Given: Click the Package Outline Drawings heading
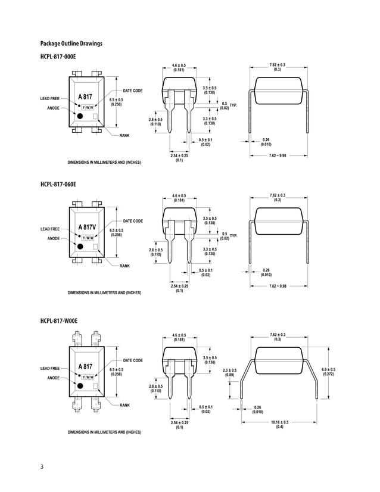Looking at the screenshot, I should click(71, 43).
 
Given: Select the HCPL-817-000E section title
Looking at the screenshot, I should click(58, 57).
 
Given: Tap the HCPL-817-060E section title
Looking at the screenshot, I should click(58, 185).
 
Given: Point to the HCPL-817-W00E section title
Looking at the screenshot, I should click(58, 321).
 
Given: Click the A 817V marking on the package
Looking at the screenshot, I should click(87, 227).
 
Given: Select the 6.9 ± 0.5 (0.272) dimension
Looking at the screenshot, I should click(328, 372).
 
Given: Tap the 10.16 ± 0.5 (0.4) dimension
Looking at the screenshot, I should click(279, 424).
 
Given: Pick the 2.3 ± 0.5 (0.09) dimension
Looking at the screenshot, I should click(230, 373).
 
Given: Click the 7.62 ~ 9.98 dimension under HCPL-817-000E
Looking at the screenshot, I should click(278, 155).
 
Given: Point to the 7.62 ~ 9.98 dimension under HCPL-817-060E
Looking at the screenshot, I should click(278, 286).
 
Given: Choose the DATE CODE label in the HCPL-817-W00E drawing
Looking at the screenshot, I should click(133, 360).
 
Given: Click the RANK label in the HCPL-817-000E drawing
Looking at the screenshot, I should click(124, 136).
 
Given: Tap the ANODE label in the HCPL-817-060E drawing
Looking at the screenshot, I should click(53, 238).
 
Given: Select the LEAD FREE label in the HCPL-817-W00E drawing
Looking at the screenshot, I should click(50, 369).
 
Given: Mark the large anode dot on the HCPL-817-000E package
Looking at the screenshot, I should click(80, 116).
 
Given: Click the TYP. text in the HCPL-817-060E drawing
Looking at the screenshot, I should click(233, 236).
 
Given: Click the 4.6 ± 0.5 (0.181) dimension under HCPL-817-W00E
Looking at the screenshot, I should click(179, 337).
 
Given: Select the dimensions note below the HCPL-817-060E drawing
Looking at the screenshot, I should click(104, 293).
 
